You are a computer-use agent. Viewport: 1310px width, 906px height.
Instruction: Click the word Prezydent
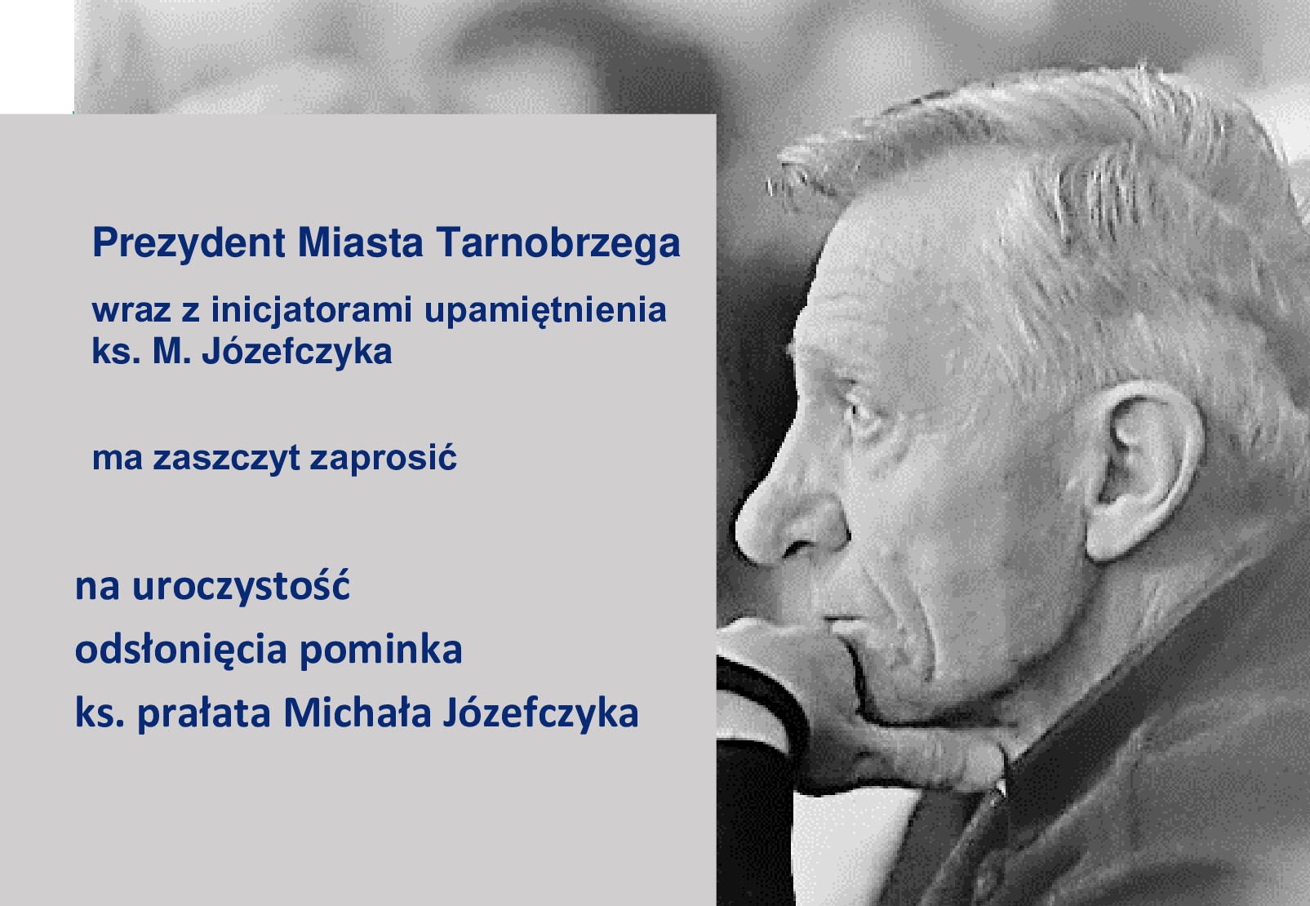point(189,243)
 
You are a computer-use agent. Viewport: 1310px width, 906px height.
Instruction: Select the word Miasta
point(360,242)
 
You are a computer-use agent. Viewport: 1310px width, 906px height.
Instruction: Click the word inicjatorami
point(312,311)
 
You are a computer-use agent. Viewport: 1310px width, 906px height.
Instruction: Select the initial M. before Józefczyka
point(172,352)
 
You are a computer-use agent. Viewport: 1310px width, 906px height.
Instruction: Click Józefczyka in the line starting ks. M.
point(297,352)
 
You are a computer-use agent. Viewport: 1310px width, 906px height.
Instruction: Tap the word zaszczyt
point(226,459)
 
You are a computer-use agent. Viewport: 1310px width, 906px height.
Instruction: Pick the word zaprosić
point(383,457)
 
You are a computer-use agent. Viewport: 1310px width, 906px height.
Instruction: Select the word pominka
point(380,651)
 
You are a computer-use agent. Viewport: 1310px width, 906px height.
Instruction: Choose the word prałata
point(204,714)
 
